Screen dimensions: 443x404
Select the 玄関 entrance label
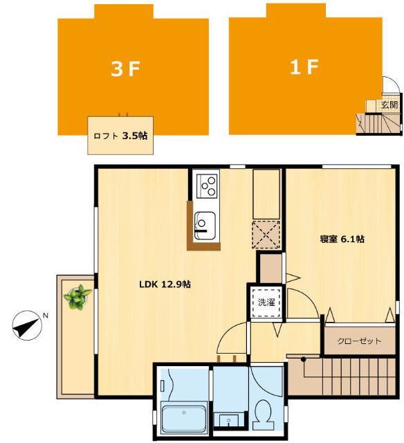point(389,105)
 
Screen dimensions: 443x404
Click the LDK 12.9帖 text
point(165,284)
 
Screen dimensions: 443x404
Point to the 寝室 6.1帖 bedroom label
point(342,239)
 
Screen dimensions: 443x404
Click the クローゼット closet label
point(359,341)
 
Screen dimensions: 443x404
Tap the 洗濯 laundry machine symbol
point(266,302)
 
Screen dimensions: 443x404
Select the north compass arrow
point(26,325)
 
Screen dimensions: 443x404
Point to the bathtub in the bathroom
point(183,418)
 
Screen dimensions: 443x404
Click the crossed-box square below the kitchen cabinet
point(266,232)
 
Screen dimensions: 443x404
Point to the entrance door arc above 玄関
point(391,86)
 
